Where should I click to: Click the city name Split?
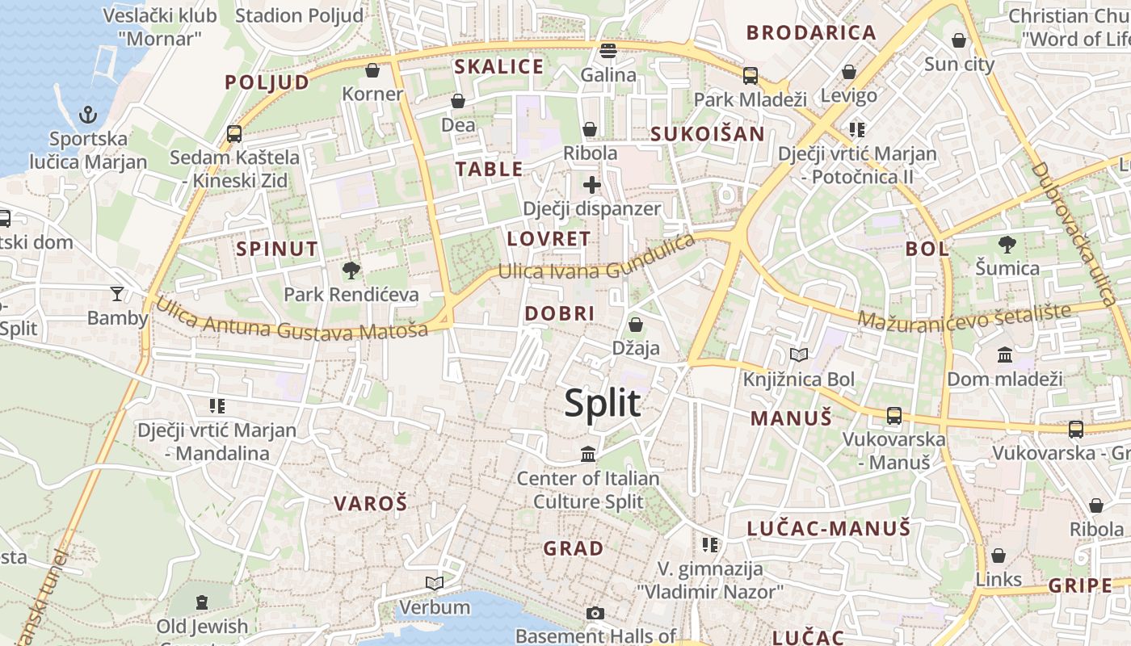603,403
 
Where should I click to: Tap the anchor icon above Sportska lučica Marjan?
88,115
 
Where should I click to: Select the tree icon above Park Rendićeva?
351,270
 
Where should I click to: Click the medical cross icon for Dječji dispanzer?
592,185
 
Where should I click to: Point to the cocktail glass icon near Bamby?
118,293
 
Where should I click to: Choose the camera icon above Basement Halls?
595,613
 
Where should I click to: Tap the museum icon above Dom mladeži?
1005,354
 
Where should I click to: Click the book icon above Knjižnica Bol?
798,354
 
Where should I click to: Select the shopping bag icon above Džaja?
636,325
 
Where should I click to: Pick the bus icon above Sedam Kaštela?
234,133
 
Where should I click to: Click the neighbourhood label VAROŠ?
371,503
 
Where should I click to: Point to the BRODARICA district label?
811,33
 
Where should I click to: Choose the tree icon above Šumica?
1007,244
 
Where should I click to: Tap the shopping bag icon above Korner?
372,70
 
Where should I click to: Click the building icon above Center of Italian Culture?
588,455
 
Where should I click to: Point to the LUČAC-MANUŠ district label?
828,529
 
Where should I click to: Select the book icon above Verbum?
435,583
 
